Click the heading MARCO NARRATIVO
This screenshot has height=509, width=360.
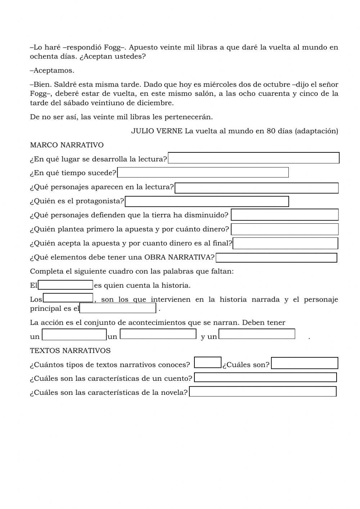pos(67,145)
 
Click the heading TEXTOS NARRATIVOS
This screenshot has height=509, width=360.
pos(70,351)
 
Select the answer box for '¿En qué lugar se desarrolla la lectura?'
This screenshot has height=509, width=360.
pos(253,158)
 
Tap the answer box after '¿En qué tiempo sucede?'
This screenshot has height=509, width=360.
pos(203,173)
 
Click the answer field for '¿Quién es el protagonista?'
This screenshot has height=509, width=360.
pos(207,201)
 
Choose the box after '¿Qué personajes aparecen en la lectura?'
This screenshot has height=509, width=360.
pos(256,188)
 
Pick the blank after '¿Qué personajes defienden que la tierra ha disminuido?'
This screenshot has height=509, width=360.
pos(284,215)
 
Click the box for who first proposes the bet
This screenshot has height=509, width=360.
pos(284,229)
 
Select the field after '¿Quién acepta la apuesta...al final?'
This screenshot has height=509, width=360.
pos(285,243)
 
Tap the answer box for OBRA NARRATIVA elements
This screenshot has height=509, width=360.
pos(276,258)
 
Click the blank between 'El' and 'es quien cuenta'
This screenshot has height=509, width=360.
pos(66,285)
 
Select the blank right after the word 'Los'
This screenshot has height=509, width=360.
pos(68,298)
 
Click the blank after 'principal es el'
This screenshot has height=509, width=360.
pos(118,308)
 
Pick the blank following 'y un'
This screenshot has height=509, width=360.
pos(257,334)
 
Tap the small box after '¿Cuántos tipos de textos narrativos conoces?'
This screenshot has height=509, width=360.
pos(207,362)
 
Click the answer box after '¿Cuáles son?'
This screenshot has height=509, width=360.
pos(304,363)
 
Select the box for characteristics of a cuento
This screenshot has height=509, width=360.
pos(265,377)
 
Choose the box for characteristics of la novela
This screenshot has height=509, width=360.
pos(262,392)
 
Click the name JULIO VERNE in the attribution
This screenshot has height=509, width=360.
pos(157,131)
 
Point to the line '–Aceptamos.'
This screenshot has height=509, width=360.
pos(52,71)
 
